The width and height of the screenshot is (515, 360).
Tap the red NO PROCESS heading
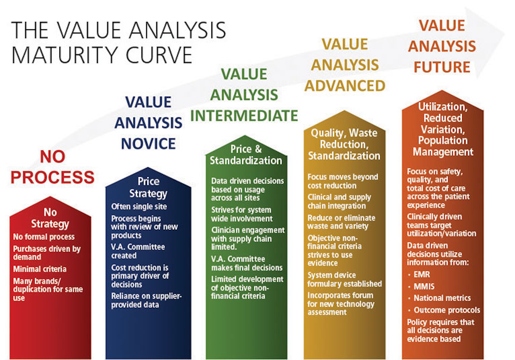point(53,167)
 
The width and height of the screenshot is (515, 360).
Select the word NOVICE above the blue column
point(148,144)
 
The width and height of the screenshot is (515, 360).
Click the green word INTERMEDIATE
point(244,116)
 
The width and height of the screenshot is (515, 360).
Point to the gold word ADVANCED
point(345,86)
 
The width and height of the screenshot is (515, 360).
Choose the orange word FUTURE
point(442,67)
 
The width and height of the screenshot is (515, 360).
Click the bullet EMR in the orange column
point(422,274)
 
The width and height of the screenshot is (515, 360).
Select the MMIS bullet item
point(424,286)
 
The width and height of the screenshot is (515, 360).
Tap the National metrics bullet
point(442,298)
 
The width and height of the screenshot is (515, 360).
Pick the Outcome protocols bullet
point(447,310)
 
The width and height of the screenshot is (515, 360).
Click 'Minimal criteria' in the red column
point(40,269)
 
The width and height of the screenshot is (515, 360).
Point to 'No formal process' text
point(44,237)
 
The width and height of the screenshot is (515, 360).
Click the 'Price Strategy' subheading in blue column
point(148,187)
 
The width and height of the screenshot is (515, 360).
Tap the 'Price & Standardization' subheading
point(246,155)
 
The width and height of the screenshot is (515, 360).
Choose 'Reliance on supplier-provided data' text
point(146,300)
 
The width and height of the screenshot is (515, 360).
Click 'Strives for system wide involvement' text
point(242,214)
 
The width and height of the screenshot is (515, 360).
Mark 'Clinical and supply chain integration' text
point(339,201)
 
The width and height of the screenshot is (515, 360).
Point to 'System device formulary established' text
point(344,279)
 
